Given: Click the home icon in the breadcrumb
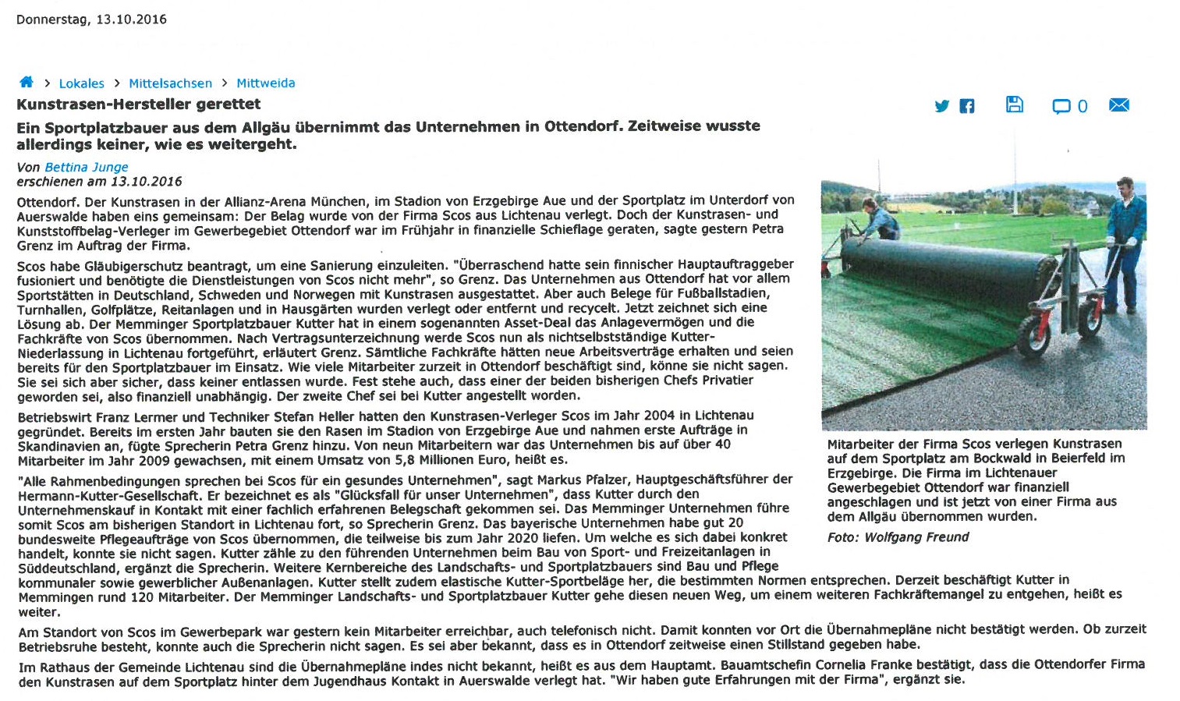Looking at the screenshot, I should coord(26,82).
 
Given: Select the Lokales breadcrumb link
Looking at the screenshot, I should coord(81,83).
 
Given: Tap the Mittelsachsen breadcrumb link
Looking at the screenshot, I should coord(170,83).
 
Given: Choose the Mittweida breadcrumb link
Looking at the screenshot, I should coord(265,83).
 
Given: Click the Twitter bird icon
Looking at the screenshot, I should coord(942,106).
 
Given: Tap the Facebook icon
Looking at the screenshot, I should coord(966,106).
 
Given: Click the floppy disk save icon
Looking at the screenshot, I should coord(1014,104).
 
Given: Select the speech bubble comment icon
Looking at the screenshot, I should coord(1061,106).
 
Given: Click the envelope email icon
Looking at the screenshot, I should coord(1118,105).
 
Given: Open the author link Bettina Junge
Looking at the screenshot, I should coord(86,167).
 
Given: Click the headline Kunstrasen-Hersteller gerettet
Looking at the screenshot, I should coord(139,104).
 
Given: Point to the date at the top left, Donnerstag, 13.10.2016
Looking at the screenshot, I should coord(91,19).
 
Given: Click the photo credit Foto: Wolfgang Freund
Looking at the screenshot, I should coord(898,537).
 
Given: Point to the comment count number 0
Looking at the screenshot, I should coord(1083,106).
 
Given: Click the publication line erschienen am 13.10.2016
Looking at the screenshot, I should coord(99,182).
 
